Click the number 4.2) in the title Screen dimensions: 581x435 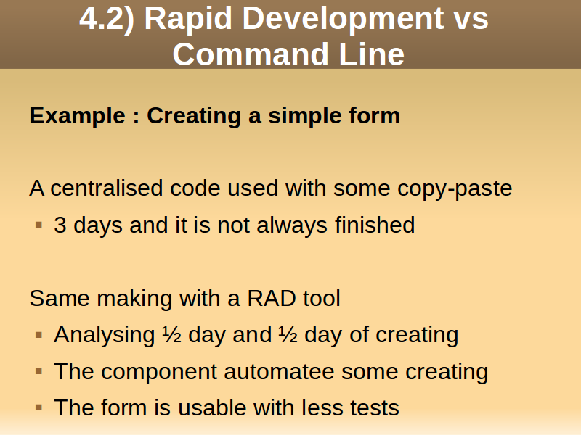pyautogui.click(x=107, y=19)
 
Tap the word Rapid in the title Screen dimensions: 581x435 pyautogui.click(x=188, y=20)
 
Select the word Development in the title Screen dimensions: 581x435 pyautogui.click(x=343, y=20)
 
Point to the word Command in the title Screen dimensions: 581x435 pyautogui.click(x=251, y=54)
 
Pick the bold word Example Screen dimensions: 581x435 pyautogui.click(x=78, y=116)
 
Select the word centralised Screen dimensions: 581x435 pyautogui.click(x=106, y=188)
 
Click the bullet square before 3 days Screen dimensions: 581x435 pyautogui.click(x=39, y=225)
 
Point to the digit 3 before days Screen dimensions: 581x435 pyautogui.click(x=60, y=225)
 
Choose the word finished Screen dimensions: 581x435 pyautogui.click(x=375, y=225)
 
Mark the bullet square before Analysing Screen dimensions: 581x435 pyautogui.click(x=39, y=335)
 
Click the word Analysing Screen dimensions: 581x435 pyautogui.click(x=104, y=336)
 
